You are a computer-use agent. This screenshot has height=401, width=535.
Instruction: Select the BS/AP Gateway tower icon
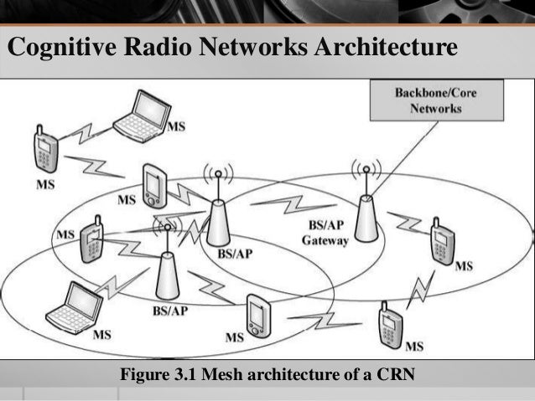tap(366, 218)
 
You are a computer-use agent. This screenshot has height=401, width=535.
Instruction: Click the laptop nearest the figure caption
tap(73, 307)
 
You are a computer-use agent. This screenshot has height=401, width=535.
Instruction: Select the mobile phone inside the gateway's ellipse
tap(441, 241)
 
